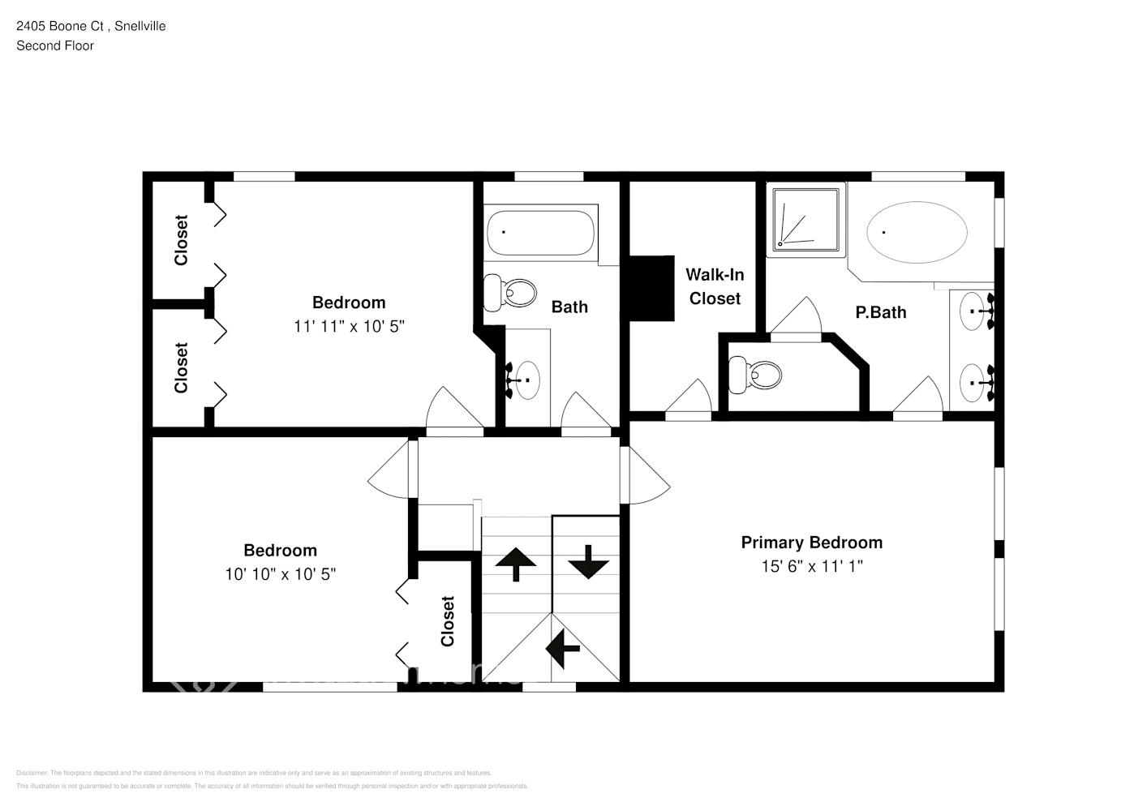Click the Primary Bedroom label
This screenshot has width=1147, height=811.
811,543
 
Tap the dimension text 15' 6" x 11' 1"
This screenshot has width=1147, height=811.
811,566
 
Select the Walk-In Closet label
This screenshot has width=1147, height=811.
715,286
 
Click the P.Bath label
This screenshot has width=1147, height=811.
880,312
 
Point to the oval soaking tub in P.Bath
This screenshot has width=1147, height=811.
917,232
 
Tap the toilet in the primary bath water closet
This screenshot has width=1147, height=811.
755,375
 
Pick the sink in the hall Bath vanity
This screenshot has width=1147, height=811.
526,379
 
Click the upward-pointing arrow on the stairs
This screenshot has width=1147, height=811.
515,564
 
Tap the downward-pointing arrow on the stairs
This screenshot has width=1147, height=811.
587,561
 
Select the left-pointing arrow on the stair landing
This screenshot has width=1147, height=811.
563,648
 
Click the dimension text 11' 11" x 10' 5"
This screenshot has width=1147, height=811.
349,326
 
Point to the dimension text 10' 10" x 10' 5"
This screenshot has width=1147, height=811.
280,574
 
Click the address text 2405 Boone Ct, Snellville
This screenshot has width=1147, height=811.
91,26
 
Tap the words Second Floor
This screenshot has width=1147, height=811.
55,45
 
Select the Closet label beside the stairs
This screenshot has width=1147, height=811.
448,621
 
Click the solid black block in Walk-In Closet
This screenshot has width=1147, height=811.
652,289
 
